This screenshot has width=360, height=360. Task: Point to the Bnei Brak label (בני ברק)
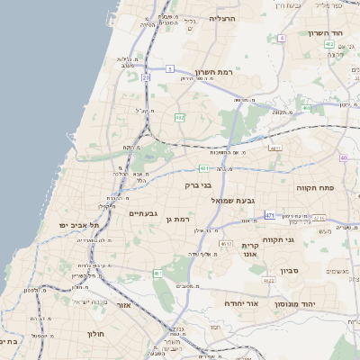click(x=198, y=185)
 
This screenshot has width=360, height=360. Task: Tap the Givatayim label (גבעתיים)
click(x=144, y=213)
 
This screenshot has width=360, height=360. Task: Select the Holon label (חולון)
click(x=96, y=334)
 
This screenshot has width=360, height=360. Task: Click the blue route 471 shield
click(x=270, y=215)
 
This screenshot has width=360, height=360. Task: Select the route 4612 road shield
click(x=226, y=242)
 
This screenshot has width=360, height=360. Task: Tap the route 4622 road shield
click(x=268, y=281)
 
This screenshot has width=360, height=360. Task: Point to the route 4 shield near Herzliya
click(x=281, y=38)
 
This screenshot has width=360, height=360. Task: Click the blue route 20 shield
click(x=146, y=77)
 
